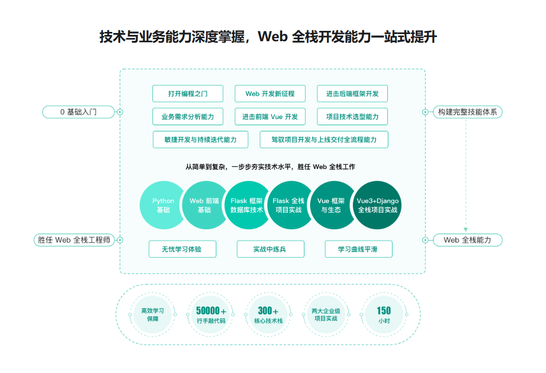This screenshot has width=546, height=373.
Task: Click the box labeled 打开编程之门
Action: [188, 94]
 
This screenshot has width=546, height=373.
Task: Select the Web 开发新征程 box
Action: [270, 94]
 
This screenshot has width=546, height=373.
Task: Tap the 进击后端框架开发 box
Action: [352, 94]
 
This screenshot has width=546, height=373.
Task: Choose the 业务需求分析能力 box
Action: [187, 117]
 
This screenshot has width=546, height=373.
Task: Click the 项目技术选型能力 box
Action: [352, 117]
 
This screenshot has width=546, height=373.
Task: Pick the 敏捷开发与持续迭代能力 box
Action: [200, 140]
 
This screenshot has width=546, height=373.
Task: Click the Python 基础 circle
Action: [163, 206]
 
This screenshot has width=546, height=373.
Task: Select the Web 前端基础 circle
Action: [204, 206]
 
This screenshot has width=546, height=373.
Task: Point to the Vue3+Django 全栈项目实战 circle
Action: [378, 206]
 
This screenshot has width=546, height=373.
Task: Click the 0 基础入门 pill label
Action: [78, 112]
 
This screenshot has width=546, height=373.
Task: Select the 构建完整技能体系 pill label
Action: [467, 112]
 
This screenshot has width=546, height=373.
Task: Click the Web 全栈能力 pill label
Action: [467, 240]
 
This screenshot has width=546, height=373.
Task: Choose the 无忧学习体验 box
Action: [182, 249]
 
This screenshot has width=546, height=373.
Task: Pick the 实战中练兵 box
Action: [270, 249]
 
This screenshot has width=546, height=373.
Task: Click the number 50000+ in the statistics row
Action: [211, 311]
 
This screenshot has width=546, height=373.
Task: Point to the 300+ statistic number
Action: [268, 311]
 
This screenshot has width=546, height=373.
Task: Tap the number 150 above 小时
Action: [384, 311]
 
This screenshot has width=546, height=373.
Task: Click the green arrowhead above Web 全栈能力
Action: [466, 229]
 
